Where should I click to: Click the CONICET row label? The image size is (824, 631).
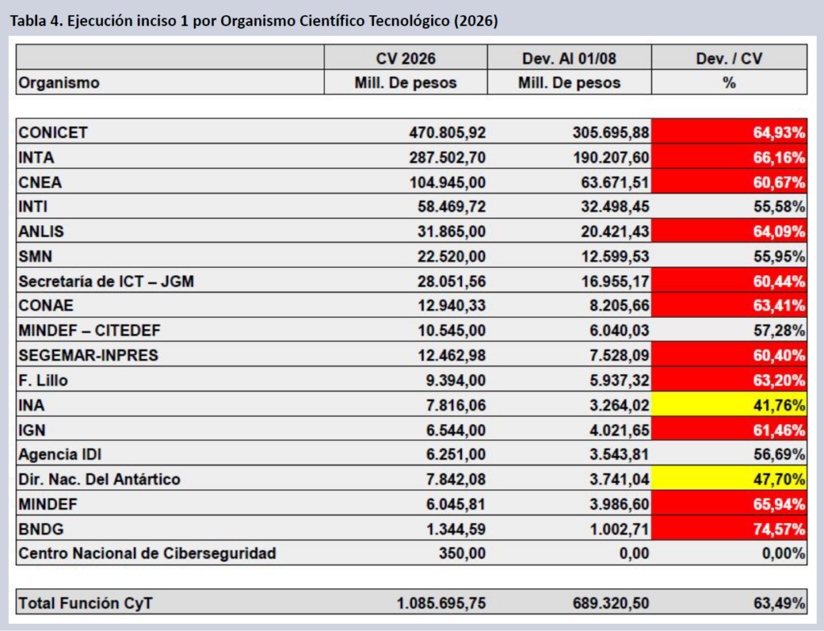[x=53, y=133]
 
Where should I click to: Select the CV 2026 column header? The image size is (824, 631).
[x=406, y=58]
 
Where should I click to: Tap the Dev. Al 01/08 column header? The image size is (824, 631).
[x=569, y=58]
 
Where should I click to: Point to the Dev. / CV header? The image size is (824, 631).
[x=729, y=58]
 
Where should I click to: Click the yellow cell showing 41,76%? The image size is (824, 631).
[x=729, y=404]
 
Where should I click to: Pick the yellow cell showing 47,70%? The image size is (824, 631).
[x=729, y=479]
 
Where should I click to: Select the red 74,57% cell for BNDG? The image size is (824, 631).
[x=729, y=528]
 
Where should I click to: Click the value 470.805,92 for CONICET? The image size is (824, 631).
[x=447, y=133]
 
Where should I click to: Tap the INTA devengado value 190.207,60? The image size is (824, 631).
[x=612, y=157]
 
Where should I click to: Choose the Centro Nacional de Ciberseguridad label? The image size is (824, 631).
[x=147, y=553]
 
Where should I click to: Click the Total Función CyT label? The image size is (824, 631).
[x=85, y=603]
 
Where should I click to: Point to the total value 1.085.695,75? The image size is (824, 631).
[x=442, y=603]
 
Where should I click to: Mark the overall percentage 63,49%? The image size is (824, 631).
[x=779, y=603]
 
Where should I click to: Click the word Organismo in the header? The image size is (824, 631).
[x=59, y=83]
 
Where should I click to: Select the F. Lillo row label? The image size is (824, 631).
[x=43, y=380]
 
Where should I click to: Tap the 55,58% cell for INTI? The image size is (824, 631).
[x=779, y=206]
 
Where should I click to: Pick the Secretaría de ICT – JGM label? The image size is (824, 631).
[x=106, y=282]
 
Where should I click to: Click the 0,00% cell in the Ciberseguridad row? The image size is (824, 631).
[x=784, y=553]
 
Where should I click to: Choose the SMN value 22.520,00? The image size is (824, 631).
[x=451, y=256]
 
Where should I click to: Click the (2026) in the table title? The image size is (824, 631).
[x=476, y=20]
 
